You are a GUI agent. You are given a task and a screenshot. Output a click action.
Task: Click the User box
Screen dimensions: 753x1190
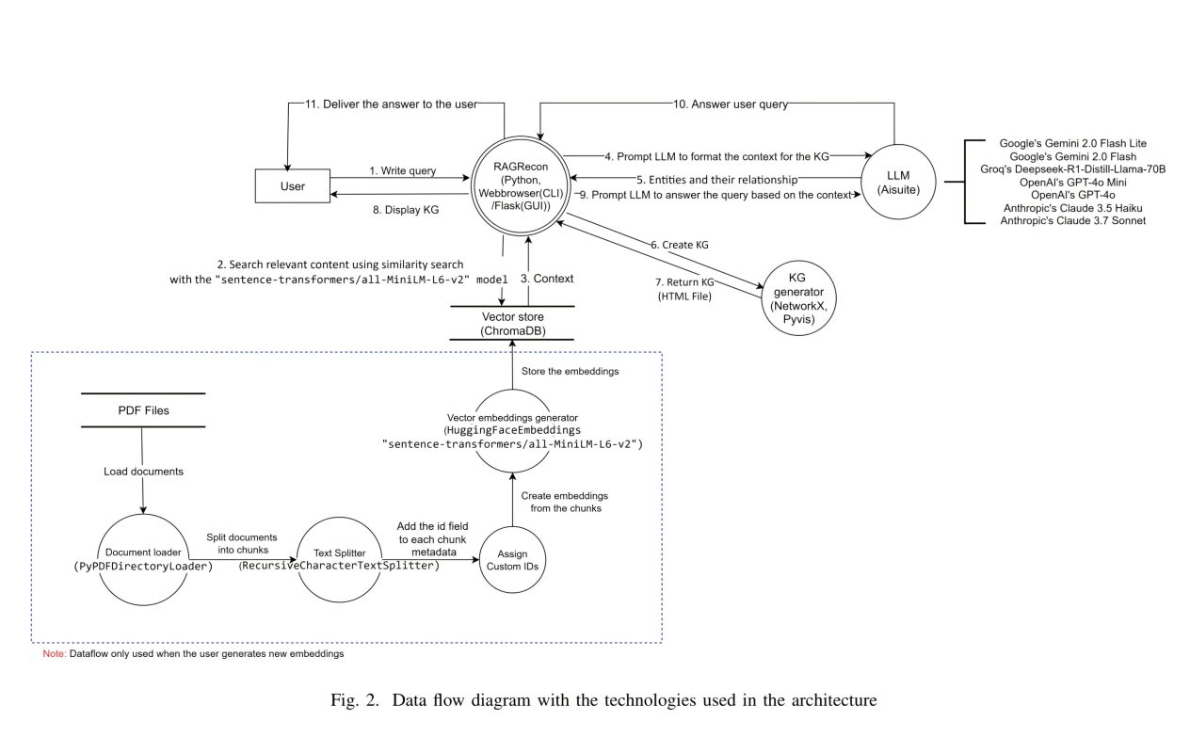point(293,186)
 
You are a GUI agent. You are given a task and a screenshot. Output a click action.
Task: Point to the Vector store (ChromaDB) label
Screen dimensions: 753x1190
point(512,323)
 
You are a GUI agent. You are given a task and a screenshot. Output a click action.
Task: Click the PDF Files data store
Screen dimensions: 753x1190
point(141,410)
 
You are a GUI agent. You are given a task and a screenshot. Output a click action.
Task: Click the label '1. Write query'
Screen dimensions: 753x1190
point(402,170)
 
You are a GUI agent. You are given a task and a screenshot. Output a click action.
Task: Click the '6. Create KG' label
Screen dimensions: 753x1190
point(679,244)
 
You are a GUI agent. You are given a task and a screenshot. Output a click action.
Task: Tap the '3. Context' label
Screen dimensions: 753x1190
point(561,280)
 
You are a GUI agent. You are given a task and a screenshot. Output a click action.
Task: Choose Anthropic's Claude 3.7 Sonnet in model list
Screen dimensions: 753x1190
point(1066,220)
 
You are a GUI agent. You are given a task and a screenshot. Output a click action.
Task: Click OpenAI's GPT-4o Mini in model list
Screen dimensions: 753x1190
point(1066,182)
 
